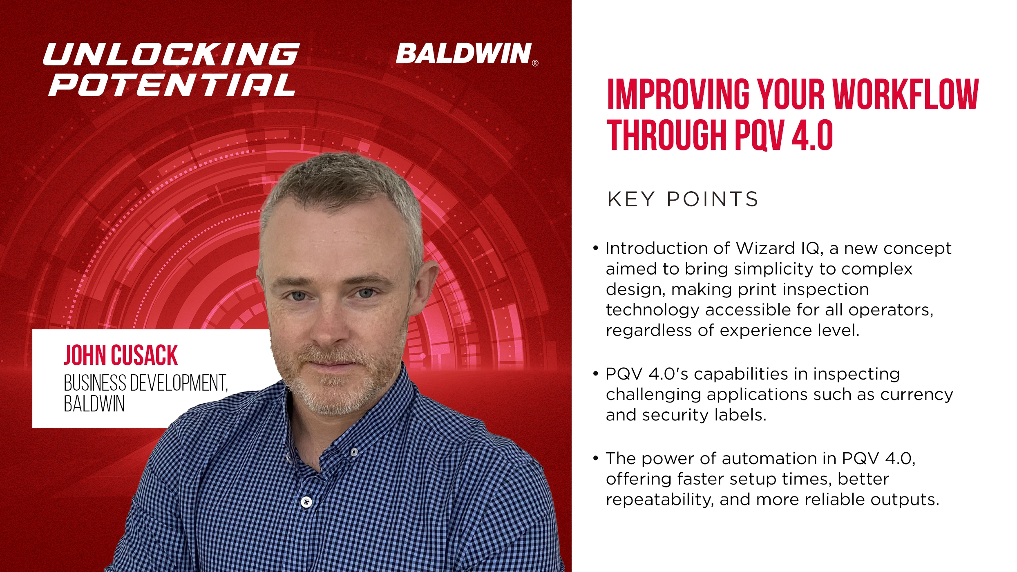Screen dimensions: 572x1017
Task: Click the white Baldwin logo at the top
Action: click(x=464, y=54)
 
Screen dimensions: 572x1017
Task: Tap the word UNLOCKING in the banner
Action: click(x=172, y=54)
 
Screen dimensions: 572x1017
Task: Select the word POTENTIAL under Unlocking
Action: click(x=172, y=85)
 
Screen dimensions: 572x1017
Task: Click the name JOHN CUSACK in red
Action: click(x=121, y=355)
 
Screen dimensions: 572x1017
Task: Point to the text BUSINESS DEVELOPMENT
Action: click(x=145, y=383)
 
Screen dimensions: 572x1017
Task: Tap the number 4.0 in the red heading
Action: click(x=811, y=135)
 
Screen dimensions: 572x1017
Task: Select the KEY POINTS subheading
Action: click(x=682, y=199)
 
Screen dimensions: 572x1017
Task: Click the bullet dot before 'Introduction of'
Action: click(x=596, y=248)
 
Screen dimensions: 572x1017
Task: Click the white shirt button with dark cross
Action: click(x=306, y=502)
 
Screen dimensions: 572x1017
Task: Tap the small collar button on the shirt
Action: click(x=354, y=452)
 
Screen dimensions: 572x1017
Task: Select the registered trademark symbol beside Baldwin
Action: click(x=535, y=63)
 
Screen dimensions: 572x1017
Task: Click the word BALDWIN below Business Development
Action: click(x=94, y=404)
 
